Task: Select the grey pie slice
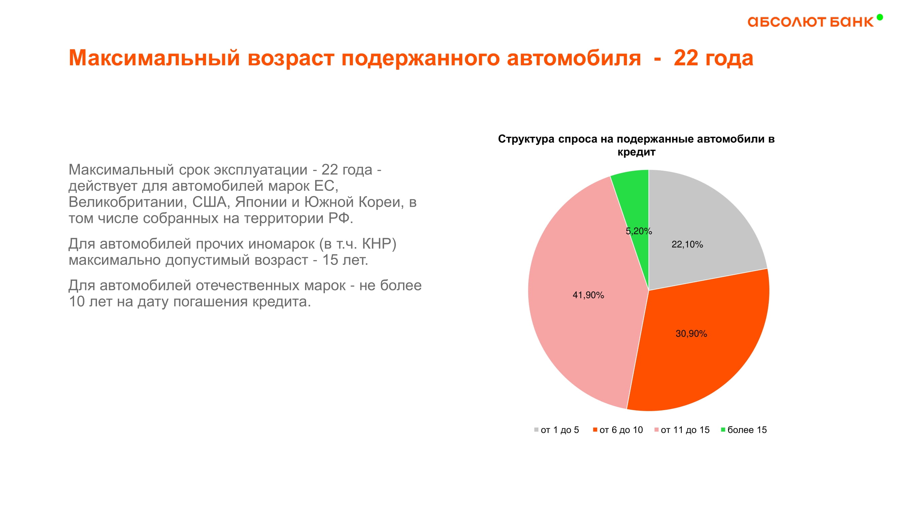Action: pyautogui.click(x=701, y=223)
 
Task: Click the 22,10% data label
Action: pyautogui.click(x=687, y=245)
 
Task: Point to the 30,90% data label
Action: pyautogui.click(x=691, y=334)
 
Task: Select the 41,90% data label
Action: pyautogui.click(x=588, y=295)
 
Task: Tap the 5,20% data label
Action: pyautogui.click(x=639, y=231)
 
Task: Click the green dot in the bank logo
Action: pyautogui.click(x=879, y=17)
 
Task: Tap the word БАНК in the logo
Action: pyautogui.click(x=851, y=22)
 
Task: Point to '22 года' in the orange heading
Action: pyautogui.click(x=713, y=58)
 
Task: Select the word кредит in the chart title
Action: pyautogui.click(x=636, y=152)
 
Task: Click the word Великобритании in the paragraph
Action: pyautogui.click(x=126, y=202)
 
